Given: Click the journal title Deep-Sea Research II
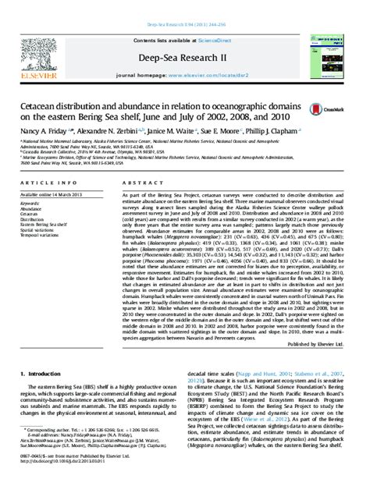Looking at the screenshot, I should pos(184,37).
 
